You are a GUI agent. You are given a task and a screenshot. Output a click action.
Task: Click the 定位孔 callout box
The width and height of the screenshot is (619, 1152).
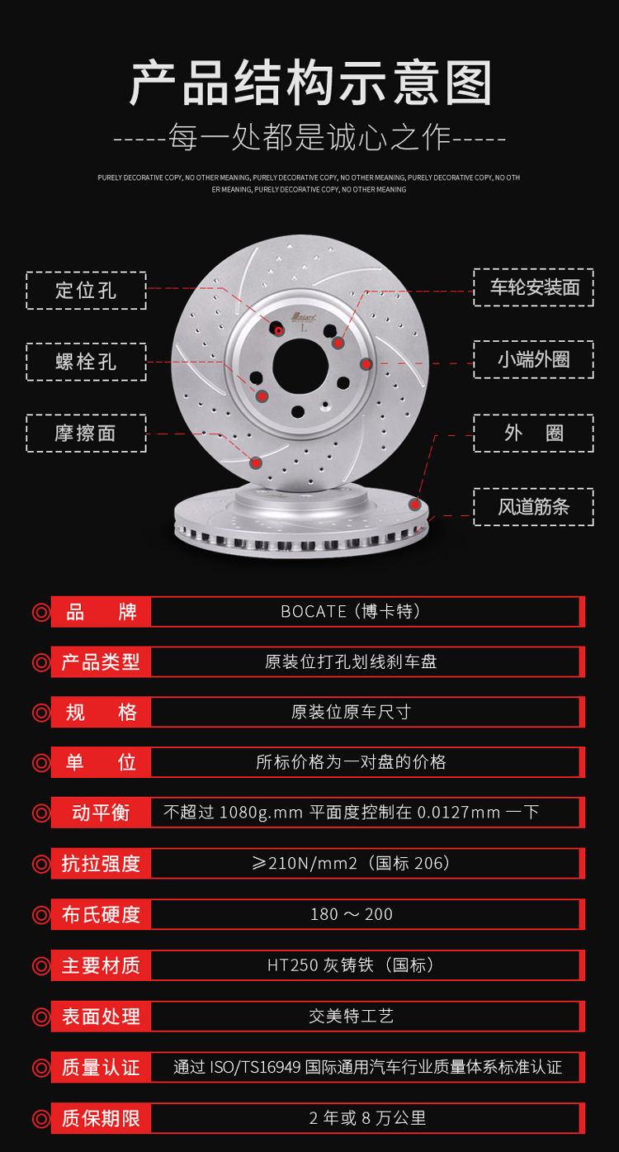coord(86,291)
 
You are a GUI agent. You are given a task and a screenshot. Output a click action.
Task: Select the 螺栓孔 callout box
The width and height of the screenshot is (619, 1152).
coord(86,362)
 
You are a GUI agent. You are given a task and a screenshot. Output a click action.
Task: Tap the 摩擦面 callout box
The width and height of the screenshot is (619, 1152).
coord(86,433)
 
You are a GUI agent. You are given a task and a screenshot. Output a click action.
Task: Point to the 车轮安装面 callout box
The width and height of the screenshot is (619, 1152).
coord(533,287)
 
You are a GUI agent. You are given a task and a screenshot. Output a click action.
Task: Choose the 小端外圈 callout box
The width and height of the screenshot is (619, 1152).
coord(533,359)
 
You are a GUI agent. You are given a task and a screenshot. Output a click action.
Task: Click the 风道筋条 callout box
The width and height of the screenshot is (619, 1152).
coord(533,506)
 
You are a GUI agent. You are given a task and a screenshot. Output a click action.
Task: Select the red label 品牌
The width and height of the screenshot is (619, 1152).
coord(102,612)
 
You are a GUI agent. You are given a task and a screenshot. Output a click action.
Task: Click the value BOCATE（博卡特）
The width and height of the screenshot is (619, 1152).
coord(351,612)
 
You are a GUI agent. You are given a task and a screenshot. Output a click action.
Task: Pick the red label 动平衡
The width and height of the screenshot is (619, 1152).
coord(102,813)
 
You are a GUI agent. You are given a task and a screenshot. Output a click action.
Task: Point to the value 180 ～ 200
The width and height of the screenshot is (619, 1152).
coord(351,914)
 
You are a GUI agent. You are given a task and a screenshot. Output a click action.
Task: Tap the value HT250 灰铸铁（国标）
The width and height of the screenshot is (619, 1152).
coord(351,965)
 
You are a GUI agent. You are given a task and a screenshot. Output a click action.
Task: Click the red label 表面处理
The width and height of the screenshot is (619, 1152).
coord(102,1017)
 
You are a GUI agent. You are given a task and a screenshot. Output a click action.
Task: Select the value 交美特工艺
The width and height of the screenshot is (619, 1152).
coord(351,1017)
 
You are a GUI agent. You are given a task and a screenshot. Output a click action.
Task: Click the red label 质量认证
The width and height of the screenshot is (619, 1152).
coord(102,1067)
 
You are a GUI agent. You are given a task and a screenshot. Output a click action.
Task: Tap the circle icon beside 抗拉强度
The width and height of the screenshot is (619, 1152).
coord(40,864)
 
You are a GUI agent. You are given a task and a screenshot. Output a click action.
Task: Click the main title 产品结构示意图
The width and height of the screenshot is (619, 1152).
coord(310,84)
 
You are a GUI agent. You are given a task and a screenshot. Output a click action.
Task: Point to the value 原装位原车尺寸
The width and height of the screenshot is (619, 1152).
coord(351,712)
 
